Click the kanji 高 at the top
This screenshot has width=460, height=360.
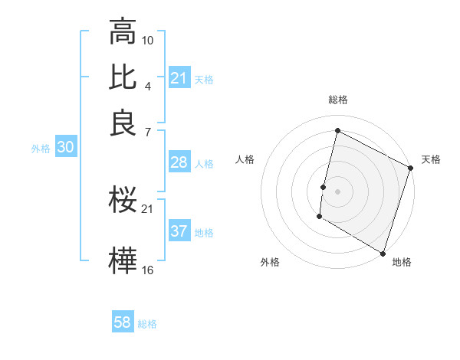pos(123,33)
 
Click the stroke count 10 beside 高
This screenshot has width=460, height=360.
pos(148,40)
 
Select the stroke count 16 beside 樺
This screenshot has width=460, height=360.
pos(148,269)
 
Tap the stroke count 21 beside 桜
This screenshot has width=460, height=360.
pos(148,208)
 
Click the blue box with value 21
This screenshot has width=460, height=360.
pos(179,78)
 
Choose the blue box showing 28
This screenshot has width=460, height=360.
pos(179,162)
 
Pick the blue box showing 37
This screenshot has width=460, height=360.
pos(179,231)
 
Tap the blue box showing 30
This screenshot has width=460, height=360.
pos(65,149)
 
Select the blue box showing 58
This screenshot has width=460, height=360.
pos(123,322)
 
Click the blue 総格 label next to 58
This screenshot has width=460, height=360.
pos(147,323)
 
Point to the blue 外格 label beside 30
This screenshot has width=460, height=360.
pos(40,149)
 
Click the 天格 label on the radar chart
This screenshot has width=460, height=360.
pos(431,159)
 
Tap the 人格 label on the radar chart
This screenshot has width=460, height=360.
pos(245,159)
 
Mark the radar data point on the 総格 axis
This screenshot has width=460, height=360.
pos(337,130)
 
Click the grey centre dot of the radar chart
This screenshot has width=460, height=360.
pos(337,191)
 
